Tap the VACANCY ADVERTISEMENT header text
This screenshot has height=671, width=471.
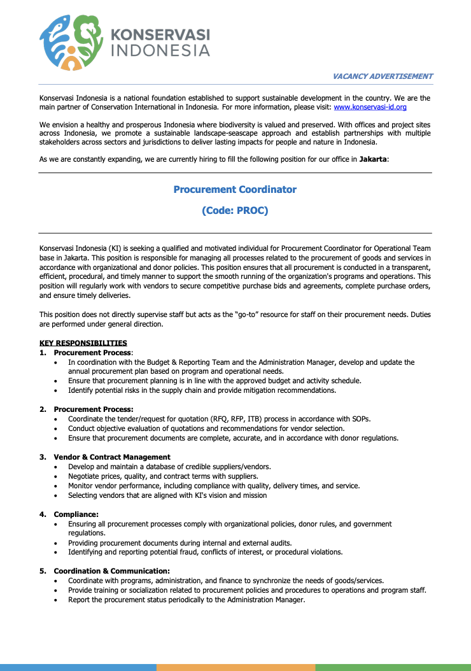coord(382,76)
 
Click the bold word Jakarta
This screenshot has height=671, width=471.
coord(372,159)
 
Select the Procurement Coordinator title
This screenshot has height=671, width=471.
coord(235,190)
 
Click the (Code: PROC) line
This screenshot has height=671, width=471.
coord(235,210)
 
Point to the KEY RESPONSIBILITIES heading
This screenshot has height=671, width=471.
coord(83,344)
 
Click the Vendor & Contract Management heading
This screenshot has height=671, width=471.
coord(112,457)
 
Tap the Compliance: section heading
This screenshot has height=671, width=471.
coord(76,514)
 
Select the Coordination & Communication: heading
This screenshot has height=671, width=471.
coord(111,571)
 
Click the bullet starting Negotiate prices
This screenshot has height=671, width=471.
coord(163,476)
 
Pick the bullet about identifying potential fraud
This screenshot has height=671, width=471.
coord(205,552)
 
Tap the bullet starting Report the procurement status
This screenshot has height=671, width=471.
coord(186,600)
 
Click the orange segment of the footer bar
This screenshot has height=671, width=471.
coord(236,667)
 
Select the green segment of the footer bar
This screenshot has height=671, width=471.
coord(393,667)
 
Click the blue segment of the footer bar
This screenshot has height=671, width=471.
coord(78,667)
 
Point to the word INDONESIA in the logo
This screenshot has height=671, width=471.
coord(160,50)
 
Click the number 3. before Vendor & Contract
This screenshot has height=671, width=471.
coord(43,457)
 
